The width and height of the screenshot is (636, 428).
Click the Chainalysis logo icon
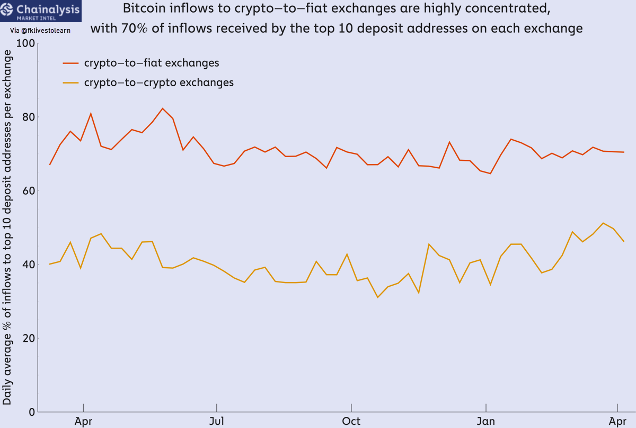[6, 9]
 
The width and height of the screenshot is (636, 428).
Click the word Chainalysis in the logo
[48, 10]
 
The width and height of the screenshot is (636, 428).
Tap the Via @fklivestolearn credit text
[40, 30]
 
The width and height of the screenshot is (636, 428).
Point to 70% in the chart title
[135, 29]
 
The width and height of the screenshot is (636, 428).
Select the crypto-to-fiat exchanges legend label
[152, 63]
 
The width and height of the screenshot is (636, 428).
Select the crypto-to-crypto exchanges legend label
[159, 83]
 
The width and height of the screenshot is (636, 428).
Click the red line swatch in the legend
[70, 63]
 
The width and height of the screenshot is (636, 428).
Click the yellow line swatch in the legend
[70, 83]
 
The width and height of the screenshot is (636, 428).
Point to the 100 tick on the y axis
[25, 43]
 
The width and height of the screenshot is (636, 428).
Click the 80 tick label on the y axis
[29, 117]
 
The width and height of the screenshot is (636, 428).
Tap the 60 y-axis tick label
[29, 191]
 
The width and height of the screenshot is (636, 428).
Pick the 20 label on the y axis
[29, 338]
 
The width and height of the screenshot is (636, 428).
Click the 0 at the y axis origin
[32, 412]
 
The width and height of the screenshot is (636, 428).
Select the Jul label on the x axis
[217, 421]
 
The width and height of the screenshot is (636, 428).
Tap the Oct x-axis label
[351, 421]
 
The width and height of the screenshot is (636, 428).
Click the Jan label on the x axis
[486, 421]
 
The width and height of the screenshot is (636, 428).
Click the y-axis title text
[7, 227]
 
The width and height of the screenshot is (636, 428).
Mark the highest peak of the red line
[162, 108]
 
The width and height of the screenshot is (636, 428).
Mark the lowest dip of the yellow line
[377, 297]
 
